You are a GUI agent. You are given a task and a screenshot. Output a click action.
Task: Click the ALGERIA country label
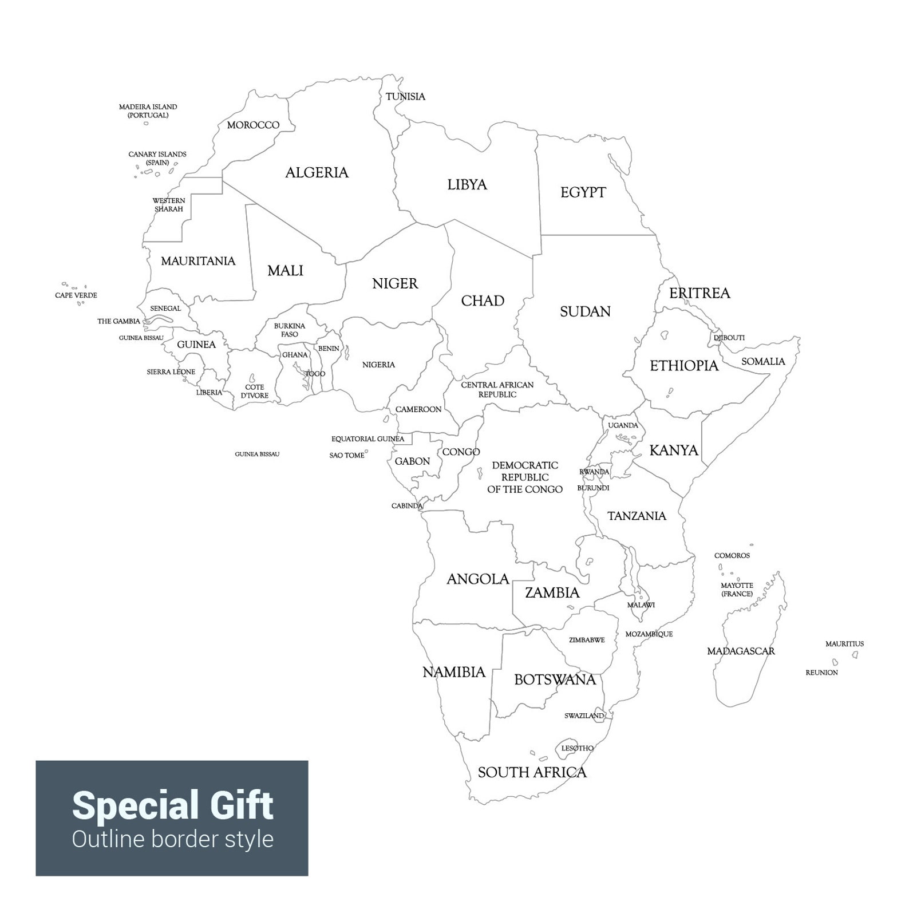pyautogui.click(x=317, y=172)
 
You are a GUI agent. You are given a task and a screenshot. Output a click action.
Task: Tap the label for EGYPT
pyautogui.click(x=583, y=192)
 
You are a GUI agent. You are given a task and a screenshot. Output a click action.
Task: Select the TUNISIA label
pyautogui.click(x=405, y=96)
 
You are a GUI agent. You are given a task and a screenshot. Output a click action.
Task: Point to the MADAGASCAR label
pyautogui.click(x=741, y=651)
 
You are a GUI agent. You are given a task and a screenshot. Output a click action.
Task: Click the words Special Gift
pyautogui.click(x=172, y=805)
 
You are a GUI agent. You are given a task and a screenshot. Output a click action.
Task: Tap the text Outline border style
pyautogui.click(x=172, y=839)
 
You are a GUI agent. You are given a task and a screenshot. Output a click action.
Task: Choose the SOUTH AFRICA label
pyautogui.click(x=532, y=772)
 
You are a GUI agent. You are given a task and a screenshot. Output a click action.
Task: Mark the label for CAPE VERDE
pyautogui.click(x=76, y=295)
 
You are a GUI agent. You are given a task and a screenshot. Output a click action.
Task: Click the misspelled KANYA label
pyautogui.click(x=674, y=450)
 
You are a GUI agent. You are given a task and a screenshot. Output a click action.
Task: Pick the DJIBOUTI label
pyautogui.click(x=729, y=338)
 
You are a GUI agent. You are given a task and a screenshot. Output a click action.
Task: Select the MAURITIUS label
pyautogui.click(x=844, y=644)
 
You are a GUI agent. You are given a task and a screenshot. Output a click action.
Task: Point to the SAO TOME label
pyautogui.click(x=346, y=456)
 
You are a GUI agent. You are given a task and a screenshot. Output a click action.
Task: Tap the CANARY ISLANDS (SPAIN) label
pyautogui.click(x=157, y=159)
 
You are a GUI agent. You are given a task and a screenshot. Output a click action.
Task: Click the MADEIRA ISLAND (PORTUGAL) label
pyautogui.click(x=148, y=111)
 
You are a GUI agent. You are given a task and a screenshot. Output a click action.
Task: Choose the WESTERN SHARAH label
pyautogui.click(x=169, y=205)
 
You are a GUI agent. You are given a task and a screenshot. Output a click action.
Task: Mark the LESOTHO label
pyautogui.click(x=577, y=748)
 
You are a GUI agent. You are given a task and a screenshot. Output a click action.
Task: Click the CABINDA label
pyautogui.click(x=406, y=506)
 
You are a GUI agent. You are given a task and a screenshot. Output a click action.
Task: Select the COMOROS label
pyautogui.click(x=732, y=556)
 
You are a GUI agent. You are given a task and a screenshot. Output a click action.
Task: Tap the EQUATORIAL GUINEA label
pyautogui.click(x=367, y=439)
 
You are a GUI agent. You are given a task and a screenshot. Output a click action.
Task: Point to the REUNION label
pyautogui.click(x=821, y=673)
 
